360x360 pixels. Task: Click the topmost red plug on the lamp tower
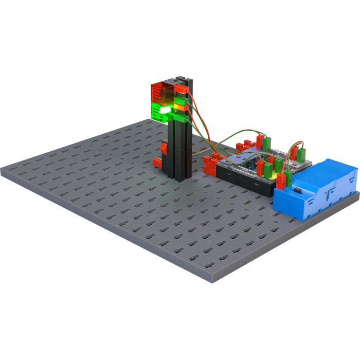(x=179, y=89)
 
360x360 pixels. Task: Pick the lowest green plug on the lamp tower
(x=180, y=118)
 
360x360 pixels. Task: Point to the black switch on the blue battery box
(x=297, y=191)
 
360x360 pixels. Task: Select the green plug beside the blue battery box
(x=288, y=178)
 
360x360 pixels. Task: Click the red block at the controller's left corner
(x=210, y=165)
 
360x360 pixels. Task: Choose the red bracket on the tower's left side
(x=164, y=148)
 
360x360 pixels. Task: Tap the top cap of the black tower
(x=183, y=80)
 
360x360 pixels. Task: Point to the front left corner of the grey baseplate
(x=4, y=171)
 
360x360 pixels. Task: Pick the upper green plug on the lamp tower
(x=181, y=100)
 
